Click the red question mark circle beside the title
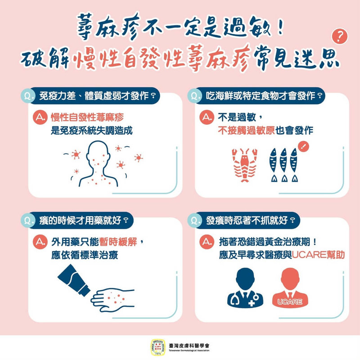(x=341, y=37)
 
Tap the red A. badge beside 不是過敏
(x=207, y=118)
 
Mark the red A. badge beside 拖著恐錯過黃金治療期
(x=207, y=243)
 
